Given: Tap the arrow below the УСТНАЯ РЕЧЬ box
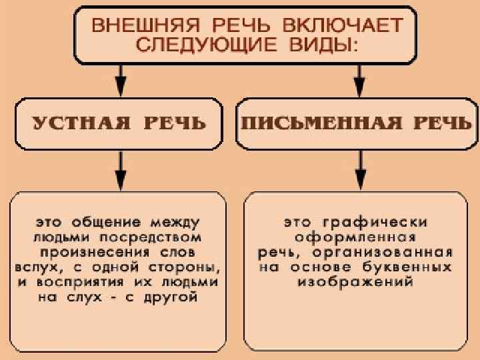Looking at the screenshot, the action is pos(120,170).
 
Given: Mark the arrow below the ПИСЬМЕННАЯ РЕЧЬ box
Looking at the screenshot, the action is pos(360,170).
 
